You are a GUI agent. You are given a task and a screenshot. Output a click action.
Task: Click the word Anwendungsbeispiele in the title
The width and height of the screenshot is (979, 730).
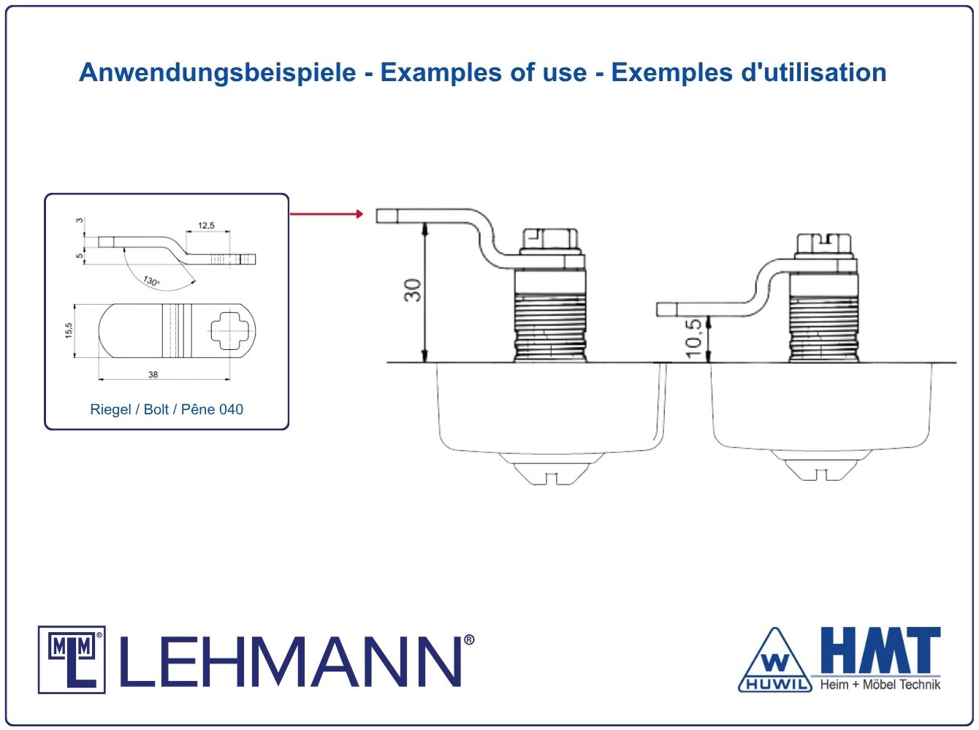point(218,72)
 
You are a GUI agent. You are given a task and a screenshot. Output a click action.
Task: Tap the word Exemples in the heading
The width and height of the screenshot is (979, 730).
point(671,72)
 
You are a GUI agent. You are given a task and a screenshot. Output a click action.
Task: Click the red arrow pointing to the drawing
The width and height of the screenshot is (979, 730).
point(327,214)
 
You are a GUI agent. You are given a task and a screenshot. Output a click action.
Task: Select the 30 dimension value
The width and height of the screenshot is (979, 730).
point(413,290)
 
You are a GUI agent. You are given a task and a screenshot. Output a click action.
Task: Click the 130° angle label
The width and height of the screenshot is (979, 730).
point(151,281)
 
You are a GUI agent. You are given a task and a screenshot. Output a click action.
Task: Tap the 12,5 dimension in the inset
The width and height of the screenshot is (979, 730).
point(206,226)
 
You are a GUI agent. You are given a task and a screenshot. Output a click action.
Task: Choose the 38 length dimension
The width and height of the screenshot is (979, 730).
point(153,375)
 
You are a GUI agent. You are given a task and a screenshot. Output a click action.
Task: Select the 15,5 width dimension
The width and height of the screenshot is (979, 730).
point(69,330)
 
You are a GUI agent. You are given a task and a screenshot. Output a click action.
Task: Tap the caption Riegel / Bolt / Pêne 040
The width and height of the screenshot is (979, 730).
point(167,409)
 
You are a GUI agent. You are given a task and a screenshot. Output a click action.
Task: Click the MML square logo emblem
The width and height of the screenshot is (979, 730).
point(72,660)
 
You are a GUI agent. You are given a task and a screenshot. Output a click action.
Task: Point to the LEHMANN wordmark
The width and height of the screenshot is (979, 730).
point(291,661)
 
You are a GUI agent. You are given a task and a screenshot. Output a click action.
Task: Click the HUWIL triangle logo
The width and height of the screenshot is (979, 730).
point(775,661)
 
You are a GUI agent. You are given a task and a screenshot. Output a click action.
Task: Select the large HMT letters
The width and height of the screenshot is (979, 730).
point(881,650)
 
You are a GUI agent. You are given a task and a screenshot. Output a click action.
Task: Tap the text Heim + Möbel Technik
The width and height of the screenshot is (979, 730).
point(880,684)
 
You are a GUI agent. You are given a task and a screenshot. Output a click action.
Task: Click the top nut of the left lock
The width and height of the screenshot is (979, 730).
point(551,241)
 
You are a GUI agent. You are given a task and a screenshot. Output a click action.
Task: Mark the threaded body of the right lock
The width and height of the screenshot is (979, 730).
point(823,329)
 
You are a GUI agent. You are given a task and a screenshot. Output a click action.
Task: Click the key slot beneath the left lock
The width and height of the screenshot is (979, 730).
point(552,479)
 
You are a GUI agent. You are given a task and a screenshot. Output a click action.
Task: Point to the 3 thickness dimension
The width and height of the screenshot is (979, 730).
point(80,220)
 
